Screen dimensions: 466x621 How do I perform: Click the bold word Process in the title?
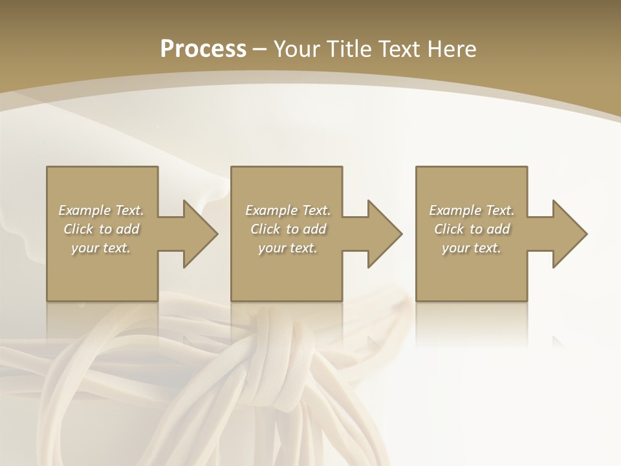click(x=203, y=49)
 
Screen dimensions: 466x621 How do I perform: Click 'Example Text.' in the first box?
click(x=101, y=210)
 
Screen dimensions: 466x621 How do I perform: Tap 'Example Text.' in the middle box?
click(x=288, y=210)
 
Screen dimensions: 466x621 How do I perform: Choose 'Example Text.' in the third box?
click(x=472, y=210)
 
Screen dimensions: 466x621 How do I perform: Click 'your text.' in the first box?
click(x=101, y=248)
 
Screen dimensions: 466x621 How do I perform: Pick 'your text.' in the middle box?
click(x=288, y=248)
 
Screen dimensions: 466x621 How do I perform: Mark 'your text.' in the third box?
click(x=472, y=248)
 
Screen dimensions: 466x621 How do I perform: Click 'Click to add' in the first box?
click(x=101, y=229)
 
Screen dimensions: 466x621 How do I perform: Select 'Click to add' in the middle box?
click(x=288, y=229)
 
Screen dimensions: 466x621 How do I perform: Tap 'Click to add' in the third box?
click(x=472, y=229)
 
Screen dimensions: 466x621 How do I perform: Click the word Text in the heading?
click(x=400, y=49)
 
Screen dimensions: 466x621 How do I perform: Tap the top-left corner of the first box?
click(x=47, y=168)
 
